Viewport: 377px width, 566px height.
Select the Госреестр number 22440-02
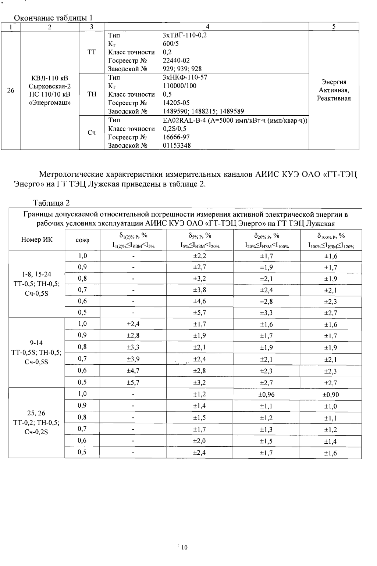pos(176,61)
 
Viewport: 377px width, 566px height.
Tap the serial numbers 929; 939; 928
pos(182,69)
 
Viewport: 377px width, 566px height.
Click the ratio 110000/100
pos(179,86)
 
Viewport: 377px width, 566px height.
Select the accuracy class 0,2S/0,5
pos(174,129)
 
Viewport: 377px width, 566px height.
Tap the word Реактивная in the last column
pos(334,98)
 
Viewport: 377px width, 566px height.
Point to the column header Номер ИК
pos(37,240)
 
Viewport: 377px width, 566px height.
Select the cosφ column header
pos(82,240)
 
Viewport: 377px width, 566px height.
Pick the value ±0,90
pos(331,395)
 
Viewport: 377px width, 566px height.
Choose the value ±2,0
pos(199,441)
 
